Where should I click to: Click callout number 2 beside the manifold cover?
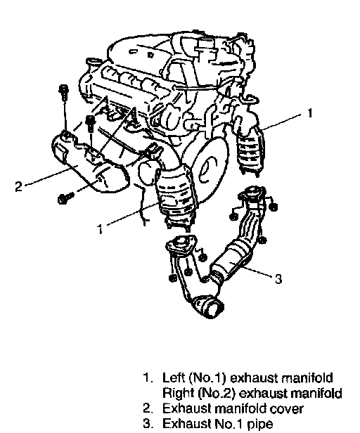18,186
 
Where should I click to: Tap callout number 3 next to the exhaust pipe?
278,279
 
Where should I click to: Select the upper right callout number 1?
310,113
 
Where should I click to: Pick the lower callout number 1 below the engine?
100,229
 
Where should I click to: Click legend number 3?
147,424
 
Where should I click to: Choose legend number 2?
147,408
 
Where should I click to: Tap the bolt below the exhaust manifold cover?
65,198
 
